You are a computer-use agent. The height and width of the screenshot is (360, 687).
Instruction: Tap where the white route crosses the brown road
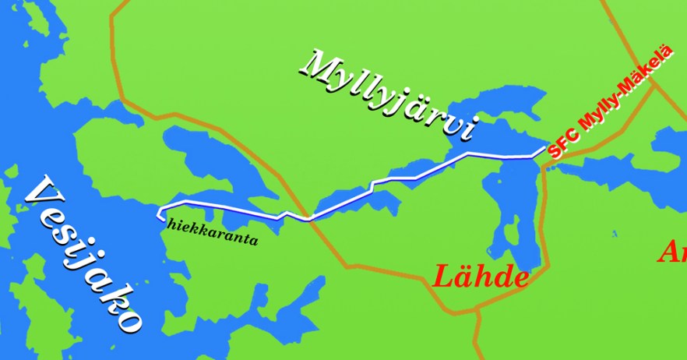tap(310, 219)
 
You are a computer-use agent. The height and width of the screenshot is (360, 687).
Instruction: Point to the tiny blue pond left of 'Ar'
tap(615, 233)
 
